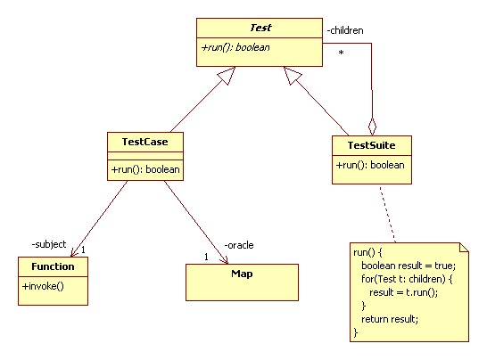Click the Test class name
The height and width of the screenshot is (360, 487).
pos(260,28)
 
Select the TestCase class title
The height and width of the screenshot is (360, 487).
pos(145,142)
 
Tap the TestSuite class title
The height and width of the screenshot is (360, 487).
pos(371,145)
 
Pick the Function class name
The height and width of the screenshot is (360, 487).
pos(53,266)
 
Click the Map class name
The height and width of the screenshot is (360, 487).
pos(242,274)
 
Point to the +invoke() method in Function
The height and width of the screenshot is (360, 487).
pos(43,286)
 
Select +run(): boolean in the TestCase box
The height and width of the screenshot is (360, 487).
pos(145,169)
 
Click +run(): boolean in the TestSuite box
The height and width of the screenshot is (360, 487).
pos(370,165)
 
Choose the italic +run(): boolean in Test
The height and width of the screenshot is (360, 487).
pos(235,47)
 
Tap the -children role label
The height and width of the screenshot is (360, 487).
pos(345,30)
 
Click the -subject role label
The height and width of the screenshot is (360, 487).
pos(49,244)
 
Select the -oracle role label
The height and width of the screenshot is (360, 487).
pos(239,245)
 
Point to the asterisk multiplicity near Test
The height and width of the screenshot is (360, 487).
pos(341,53)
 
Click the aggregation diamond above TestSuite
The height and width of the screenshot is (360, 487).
pos(373,127)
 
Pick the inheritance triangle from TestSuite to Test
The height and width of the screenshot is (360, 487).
pos(292,75)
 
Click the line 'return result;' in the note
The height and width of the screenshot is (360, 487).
pos(390,319)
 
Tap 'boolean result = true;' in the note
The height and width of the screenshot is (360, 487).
pos(409,266)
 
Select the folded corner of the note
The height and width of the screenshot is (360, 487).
pos(464,248)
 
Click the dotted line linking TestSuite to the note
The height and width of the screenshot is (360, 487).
pos(388,214)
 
